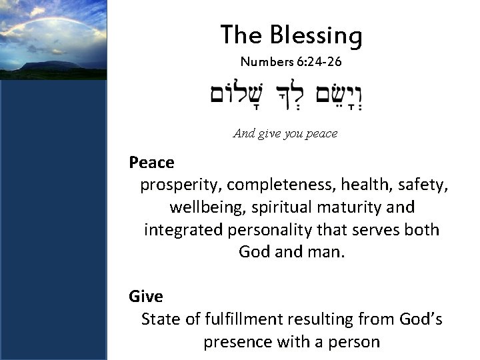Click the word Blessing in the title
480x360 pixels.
click(x=317, y=35)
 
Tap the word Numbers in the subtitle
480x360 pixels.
click(x=265, y=63)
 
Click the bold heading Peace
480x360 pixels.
click(x=151, y=162)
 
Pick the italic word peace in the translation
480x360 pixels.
click(x=322, y=133)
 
